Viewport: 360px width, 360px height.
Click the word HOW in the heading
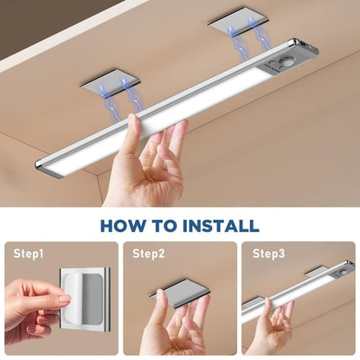(123, 226)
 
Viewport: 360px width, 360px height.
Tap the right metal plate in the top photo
(235, 20)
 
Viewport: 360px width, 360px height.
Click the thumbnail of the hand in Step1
(63, 299)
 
